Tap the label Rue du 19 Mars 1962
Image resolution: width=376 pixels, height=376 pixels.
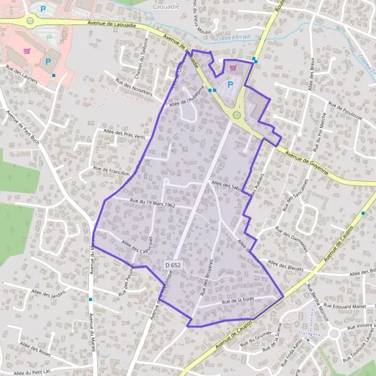(152, 203)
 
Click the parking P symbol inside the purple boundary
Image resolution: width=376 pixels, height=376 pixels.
(230, 84)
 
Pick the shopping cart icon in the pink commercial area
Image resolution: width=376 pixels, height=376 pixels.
(26, 51)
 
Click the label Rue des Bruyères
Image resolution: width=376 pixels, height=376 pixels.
(206, 276)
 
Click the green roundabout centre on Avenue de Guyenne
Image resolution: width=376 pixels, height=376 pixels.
(237, 115)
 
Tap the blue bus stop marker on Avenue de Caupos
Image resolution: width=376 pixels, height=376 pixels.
(363, 213)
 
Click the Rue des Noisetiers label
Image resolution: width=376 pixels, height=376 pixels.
(134, 86)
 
